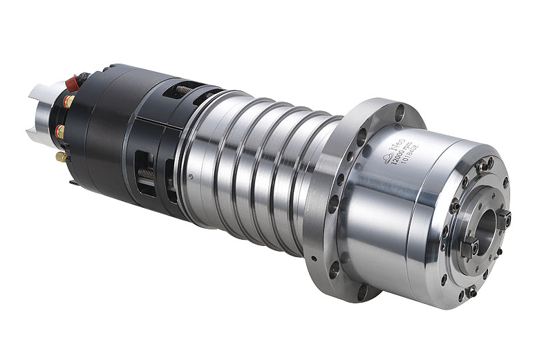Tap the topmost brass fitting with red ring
[x=69, y=102]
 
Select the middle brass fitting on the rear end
[x=61, y=131]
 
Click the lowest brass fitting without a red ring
[x=61, y=157]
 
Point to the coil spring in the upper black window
[x=183, y=90]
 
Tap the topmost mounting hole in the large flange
[x=399, y=108]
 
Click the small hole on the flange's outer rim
[x=315, y=258]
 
